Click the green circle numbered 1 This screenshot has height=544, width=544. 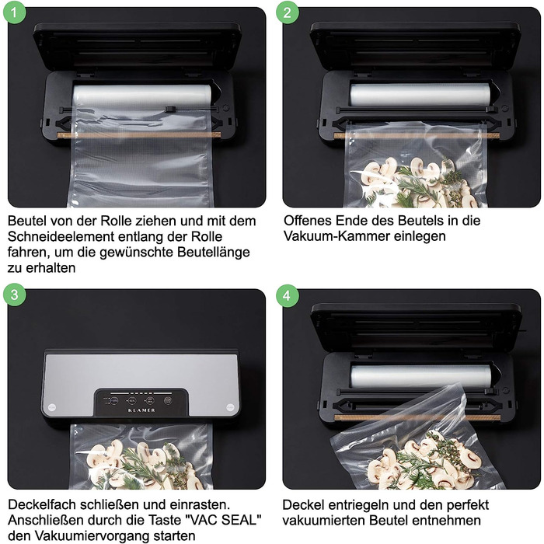tap(14, 12)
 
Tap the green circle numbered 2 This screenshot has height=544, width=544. tap(288, 12)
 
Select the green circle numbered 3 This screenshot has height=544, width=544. tap(14, 295)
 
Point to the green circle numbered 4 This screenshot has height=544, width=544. tap(288, 295)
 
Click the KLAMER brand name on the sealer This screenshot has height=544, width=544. tap(141, 410)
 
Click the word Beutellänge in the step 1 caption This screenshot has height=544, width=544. tap(214, 253)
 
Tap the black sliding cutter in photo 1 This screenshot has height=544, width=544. tap(170, 110)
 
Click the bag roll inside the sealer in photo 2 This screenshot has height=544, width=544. tap(420, 95)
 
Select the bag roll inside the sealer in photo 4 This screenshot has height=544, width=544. tap(420, 376)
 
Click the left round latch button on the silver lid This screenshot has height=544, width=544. tap(52, 407)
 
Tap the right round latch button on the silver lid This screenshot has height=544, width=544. tap(231, 407)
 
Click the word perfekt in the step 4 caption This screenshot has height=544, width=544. tap(468, 505)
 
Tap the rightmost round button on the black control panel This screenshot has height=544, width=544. tap(168, 401)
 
